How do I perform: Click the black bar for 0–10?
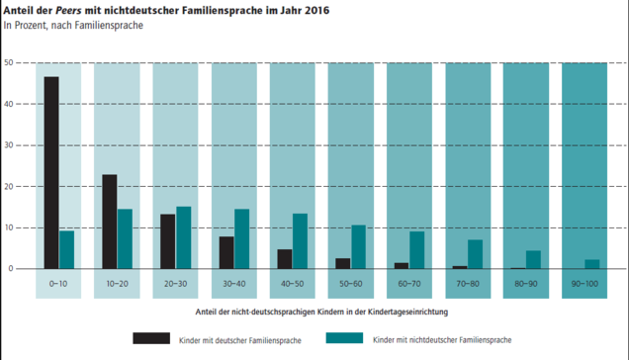coord(51,172)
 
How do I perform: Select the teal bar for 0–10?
coord(67,249)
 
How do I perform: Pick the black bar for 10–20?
coord(110,222)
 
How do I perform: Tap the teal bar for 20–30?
coord(184,237)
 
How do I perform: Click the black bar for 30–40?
coord(226,253)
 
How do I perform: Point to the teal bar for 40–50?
coord(300,241)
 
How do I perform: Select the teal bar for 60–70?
coord(417,250)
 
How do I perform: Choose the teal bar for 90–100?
coord(592,264)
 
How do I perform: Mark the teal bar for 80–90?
coord(533,260)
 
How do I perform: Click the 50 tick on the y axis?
coord(9,62)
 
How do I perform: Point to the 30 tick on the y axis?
coord(9,145)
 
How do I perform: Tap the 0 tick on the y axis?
coord(11,268)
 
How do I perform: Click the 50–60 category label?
coord(351,284)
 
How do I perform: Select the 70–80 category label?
coord(468,284)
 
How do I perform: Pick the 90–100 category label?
coord(584,284)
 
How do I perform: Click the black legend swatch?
coord(151,338)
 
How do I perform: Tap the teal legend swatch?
coord(344,338)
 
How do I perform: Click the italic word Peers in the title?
coord(68,11)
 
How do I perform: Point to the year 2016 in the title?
coord(316,11)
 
